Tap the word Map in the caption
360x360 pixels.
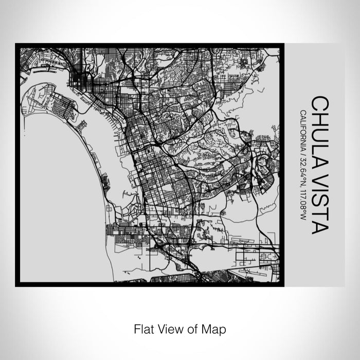215,328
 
